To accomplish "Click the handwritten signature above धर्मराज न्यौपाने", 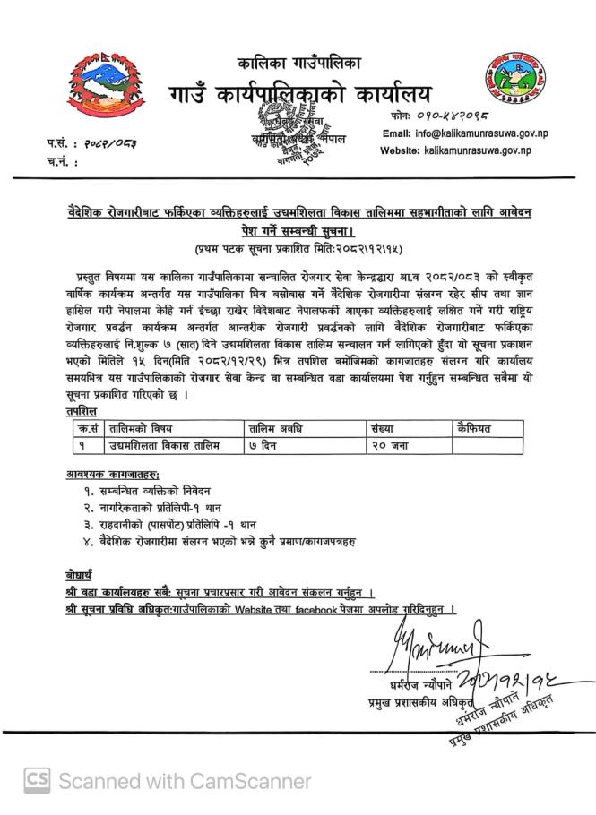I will tap(434, 642).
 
